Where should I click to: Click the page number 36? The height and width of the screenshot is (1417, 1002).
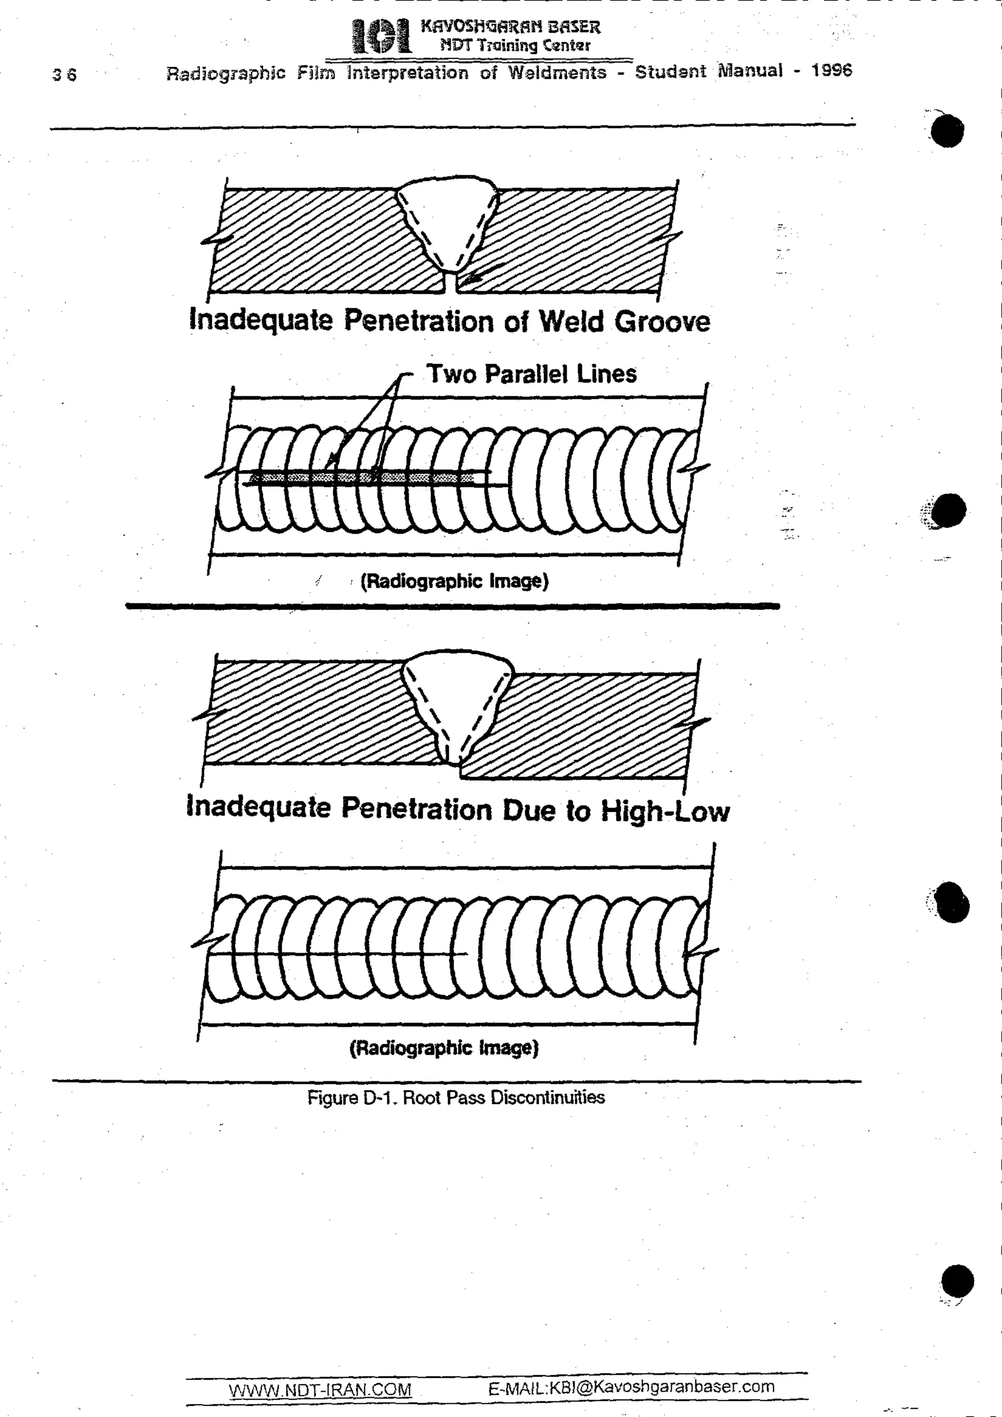(x=64, y=75)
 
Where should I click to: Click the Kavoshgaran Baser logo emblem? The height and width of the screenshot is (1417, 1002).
(x=380, y=36)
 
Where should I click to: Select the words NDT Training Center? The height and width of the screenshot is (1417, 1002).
(x=515, y=45)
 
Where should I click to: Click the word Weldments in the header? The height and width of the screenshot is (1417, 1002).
(x=557, y=72)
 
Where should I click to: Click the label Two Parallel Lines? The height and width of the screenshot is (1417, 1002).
(x=531, y=374)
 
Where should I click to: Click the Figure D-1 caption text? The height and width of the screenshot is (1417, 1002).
(x=455, y=1098)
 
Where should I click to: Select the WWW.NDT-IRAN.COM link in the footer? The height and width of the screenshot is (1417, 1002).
(x=320, y=1390)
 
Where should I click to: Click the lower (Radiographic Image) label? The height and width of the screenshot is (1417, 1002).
(x=444, y=1048)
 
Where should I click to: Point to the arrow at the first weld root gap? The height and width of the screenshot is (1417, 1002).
(x=478, y=275)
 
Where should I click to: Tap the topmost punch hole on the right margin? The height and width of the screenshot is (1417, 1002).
(x=947, y=131)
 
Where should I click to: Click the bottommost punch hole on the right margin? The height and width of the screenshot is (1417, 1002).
(x=957, y=1281)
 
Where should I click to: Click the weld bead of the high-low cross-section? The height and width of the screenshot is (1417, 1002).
(x=457, y=697)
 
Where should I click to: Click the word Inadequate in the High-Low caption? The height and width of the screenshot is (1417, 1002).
(x=258, y=807)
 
